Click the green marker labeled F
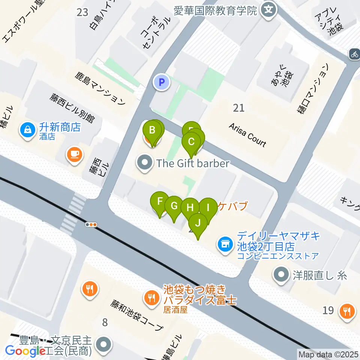[x=159, y=201]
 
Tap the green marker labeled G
[x=174, y=206]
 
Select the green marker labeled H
[x=190, y=207]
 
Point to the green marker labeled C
[x=191, y=142]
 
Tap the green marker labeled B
[x=152, y=130]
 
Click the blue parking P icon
[x=162, y=82]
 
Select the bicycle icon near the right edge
[x=354, y=54]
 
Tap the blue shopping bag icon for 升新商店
[x=28, y=130]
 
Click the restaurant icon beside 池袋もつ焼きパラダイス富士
[x=151, y=298]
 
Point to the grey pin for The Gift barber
[x=145, y=163]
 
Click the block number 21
[x=238, y=108]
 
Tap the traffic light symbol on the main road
[x=91, y=225]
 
